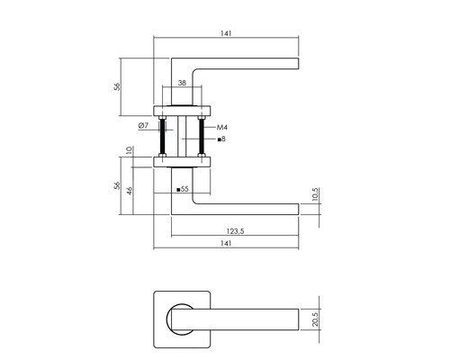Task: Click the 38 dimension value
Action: point(183,82)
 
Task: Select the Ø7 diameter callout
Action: point(144,125)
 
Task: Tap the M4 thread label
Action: point(221,128)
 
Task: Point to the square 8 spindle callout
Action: point(221,139)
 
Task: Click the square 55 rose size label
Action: point(183,189)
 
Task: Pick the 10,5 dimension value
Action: point(315,195)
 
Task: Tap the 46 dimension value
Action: point(130,191)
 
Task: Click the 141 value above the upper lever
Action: point(226,34)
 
